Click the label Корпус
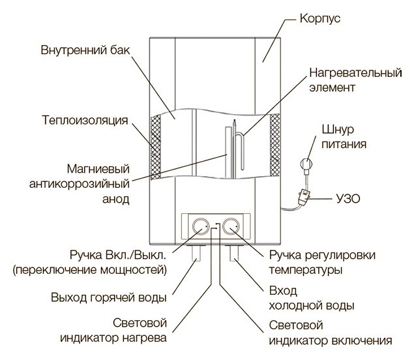320,19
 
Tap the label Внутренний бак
85,50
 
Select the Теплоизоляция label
85,121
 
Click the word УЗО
348,198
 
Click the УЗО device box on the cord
304,196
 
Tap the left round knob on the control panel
200,227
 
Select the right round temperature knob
231,227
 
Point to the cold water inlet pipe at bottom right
234,253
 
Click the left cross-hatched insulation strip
155,147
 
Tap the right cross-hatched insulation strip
275,145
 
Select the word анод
115,199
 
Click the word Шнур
338,130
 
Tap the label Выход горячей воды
109,297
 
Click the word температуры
306,271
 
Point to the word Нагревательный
355,73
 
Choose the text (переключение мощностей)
90,270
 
